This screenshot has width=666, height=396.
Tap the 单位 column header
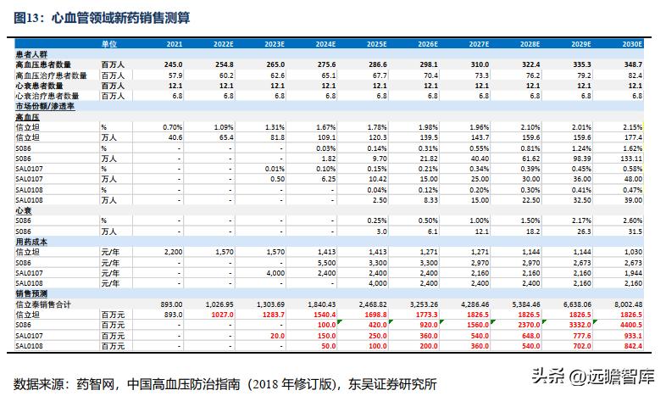(110, 42)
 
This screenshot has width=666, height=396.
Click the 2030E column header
(630, 42)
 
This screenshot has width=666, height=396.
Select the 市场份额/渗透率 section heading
(46, 106)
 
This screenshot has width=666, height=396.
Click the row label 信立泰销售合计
(44, 304)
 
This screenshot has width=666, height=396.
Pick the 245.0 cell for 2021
(173, 64)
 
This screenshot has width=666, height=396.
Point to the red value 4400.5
(629, 325)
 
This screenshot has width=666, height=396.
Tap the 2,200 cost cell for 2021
(172, 252)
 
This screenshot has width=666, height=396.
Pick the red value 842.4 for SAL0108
(630, 346)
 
